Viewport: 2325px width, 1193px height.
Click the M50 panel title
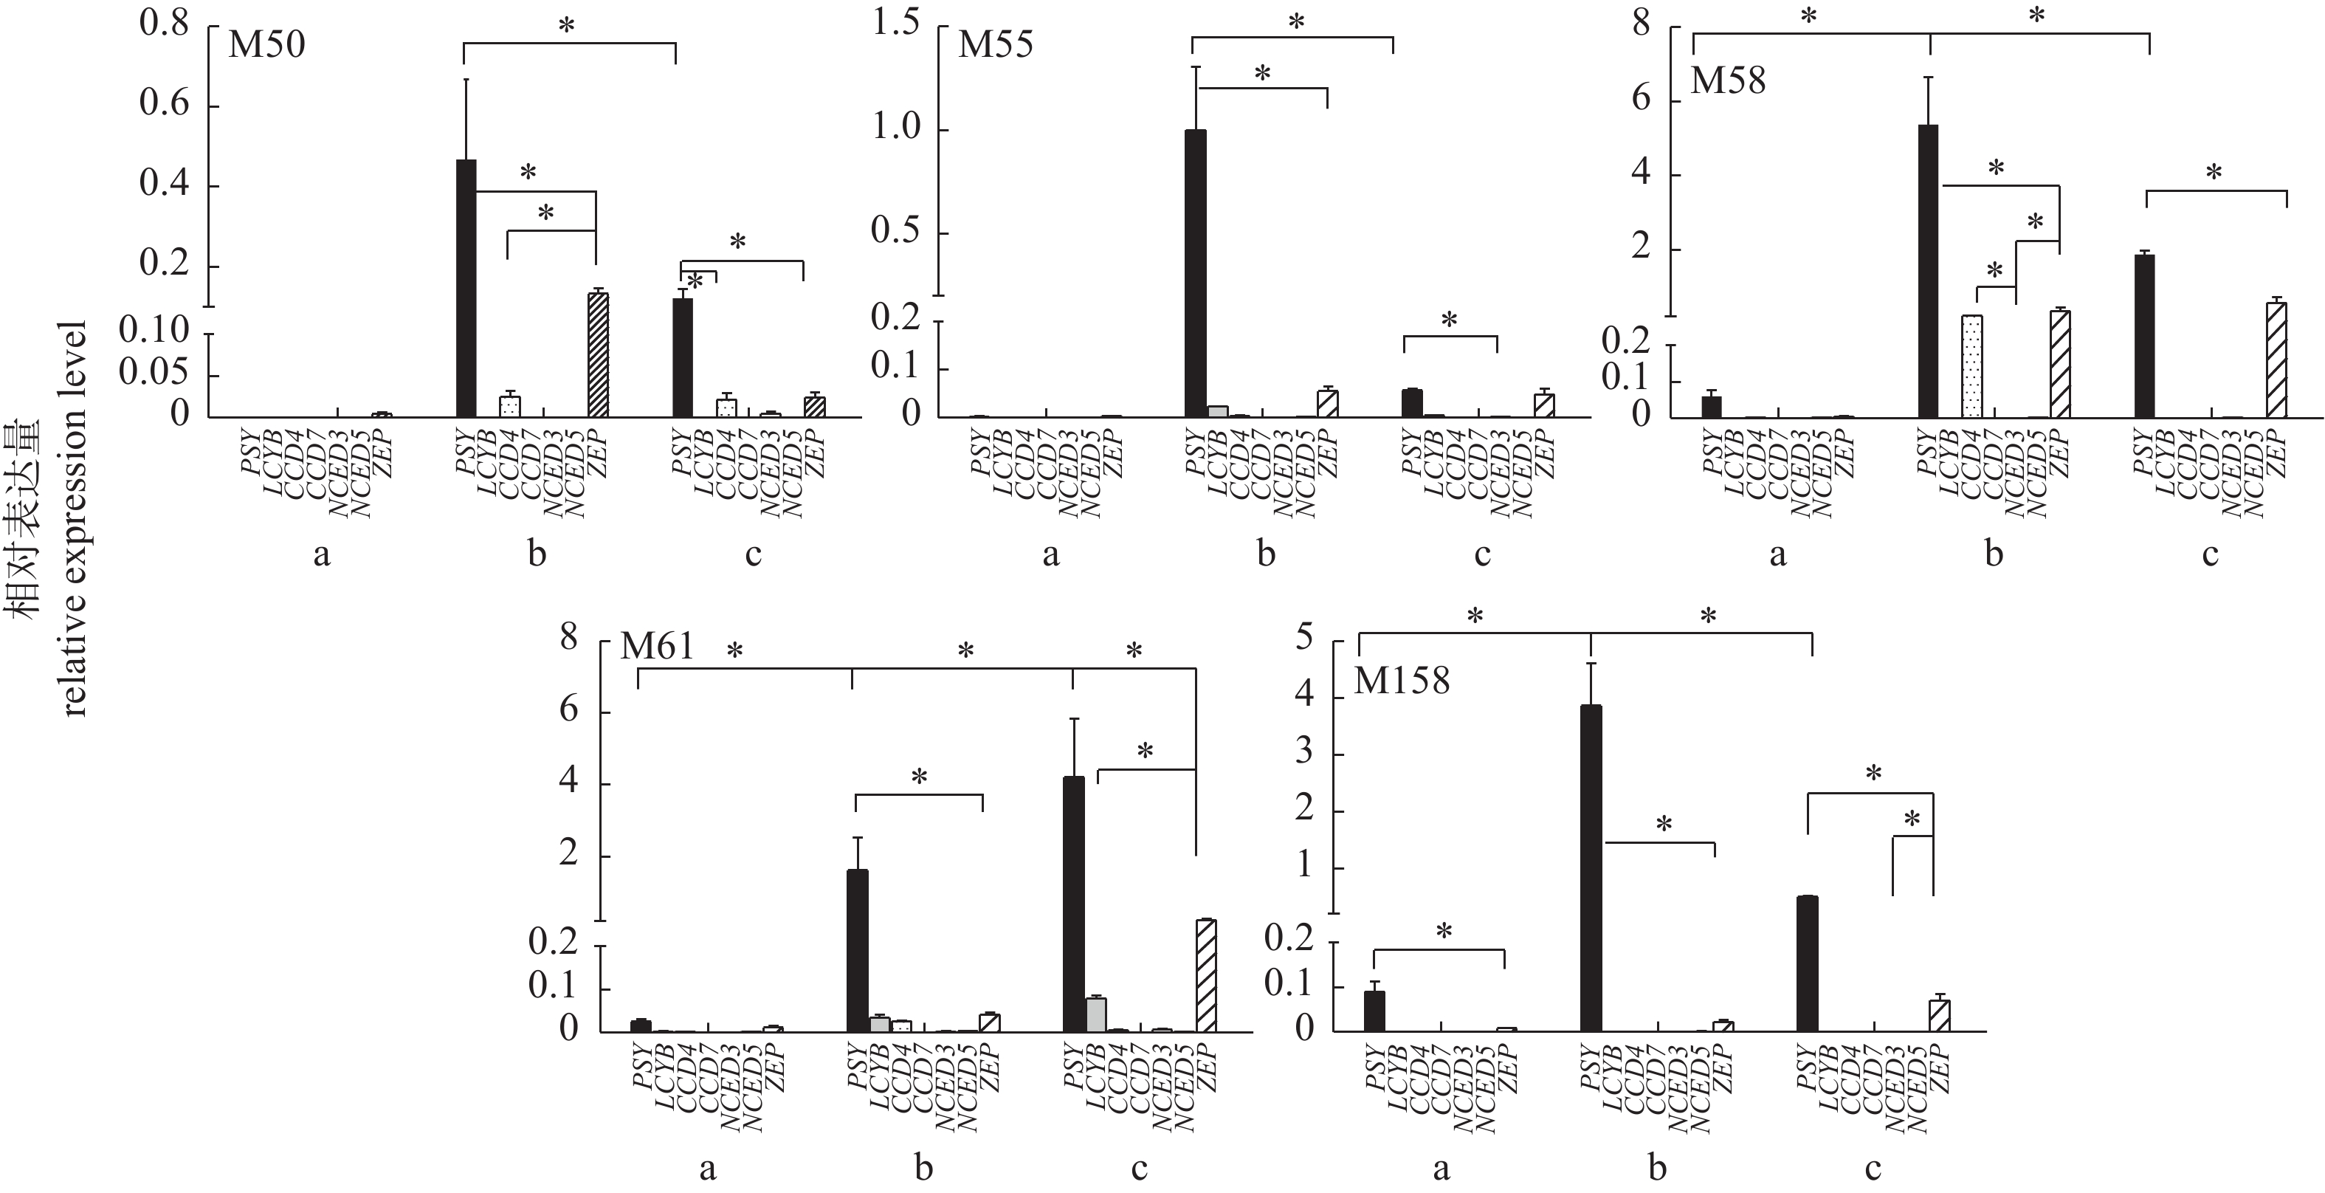point(266,44)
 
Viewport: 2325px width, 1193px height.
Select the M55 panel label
point(995,44)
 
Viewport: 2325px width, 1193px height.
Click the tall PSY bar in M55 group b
point(1196,271)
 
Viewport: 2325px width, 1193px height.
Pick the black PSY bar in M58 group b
point(1928,271)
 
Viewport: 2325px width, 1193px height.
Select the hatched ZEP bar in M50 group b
point(598,354)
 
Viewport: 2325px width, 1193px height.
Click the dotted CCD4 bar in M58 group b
point(1971,365)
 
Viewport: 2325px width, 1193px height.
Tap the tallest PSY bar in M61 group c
point(1074,902)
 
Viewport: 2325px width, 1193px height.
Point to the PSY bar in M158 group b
point(1591,866)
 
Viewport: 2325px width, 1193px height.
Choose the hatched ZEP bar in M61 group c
point(1206,974)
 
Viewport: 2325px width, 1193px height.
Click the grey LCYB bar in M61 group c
point(1096,1014)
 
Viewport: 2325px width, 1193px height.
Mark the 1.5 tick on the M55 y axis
point(896,24)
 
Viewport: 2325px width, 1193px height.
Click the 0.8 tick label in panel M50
point(165,24)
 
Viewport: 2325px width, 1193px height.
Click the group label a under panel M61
point(708,1168)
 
